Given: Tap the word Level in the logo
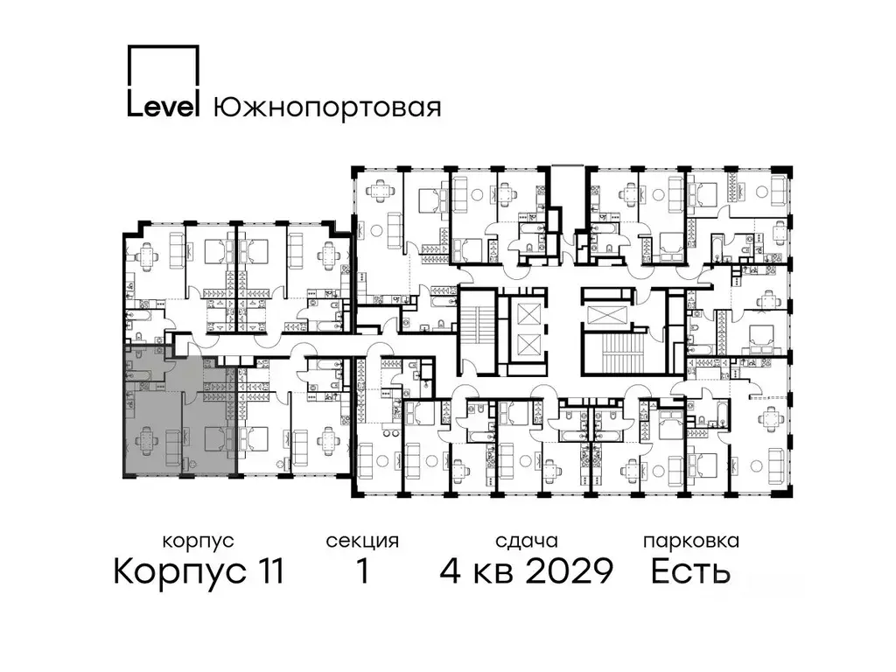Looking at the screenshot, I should (164, 106).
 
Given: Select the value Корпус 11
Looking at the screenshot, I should (199, 572).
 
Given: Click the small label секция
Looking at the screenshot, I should (362, 542).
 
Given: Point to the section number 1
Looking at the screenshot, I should (360, 572).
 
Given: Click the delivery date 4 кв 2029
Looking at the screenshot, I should (525, 572).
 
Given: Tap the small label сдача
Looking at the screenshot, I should (525, 542).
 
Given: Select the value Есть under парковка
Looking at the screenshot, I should (690, 572).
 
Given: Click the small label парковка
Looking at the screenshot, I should (690, 542).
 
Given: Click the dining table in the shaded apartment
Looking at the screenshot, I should (145, 437).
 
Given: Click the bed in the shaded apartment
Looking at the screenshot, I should (213, 437).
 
